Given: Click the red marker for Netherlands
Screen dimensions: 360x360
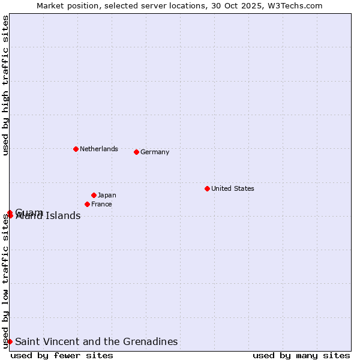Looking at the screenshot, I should pyautogui.click(x=76, y=149).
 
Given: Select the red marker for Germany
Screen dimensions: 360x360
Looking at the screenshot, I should pyautogui.click(x=136, y=152).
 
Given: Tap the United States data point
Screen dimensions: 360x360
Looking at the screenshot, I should pyautogui.click(x=207, y=188).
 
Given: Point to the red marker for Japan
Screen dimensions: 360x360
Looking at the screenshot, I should pyautogui.click(x=94, y=195).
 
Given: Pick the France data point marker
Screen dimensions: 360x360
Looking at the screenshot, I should pyautogui.click(x=87, y=204).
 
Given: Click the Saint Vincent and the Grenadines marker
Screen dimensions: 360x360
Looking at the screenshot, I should pyautogui.click(x=10, y=341).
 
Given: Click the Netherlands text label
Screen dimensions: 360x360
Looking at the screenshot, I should pyautogui.click(x=99, y=149).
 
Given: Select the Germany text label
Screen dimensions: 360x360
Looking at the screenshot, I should pyautogui.click(x=155, y=152).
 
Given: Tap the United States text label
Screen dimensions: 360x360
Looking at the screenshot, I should pyautogui.click(x=233, y=188).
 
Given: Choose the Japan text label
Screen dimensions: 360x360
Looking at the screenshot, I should pyautogui.click(x=107, y=195).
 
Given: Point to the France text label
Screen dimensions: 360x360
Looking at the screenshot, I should pyautogui.click(x=101, y=204).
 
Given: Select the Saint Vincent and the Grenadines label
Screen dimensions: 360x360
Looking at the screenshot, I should pyautogui.click(x=97, y=341).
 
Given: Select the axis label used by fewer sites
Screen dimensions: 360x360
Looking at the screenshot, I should pyautogui.click(x=62, y=355).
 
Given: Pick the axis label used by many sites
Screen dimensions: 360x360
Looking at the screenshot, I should pyautogui.click(x=301, y=355).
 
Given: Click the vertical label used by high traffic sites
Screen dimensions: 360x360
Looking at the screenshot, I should pyautogui.click(x=5, y=85).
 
